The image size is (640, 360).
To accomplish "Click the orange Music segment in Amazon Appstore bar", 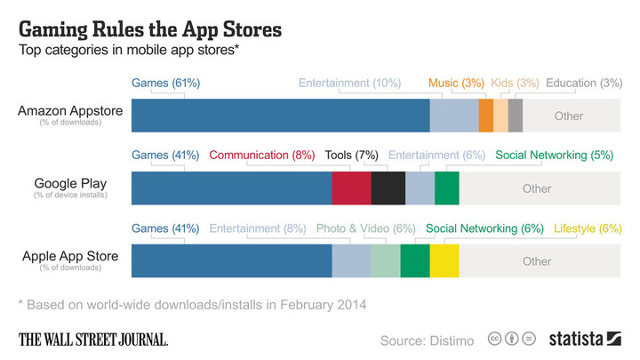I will pos(485,116).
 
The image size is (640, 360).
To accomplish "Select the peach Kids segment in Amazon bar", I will pos(500,116).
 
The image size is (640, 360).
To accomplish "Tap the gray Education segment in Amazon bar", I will pos(515,116).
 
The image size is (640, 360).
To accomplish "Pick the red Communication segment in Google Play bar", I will pos(351,188).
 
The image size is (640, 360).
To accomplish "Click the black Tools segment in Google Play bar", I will pos(388,188).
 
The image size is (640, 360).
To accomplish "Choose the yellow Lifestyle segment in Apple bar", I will pos(444,261).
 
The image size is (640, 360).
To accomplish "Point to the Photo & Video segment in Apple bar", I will pos(386,261).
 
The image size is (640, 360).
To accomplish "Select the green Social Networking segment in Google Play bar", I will pos(446,188).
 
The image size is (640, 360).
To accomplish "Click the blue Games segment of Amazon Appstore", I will pos(280,116).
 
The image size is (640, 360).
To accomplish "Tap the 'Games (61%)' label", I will pos(165,83).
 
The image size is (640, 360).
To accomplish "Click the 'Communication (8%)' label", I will pos(262,155).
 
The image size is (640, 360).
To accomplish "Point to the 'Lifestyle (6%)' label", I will pos(588,228).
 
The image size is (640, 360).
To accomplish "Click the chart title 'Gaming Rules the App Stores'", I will pos(150,29).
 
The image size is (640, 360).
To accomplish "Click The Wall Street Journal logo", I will pos(93,339).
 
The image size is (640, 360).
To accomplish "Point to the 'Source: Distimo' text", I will pos(427,340).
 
